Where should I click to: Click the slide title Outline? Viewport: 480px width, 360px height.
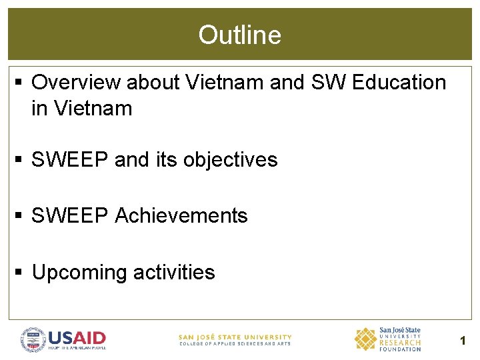point(239,35)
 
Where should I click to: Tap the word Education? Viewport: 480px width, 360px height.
point(399,83)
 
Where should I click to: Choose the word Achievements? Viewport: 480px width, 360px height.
point(181,216)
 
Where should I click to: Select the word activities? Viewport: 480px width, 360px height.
point(174,273)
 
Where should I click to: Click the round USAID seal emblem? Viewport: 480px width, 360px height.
point(33,339)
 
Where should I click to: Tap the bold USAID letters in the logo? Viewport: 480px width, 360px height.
point(77,337)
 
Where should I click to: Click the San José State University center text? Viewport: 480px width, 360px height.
point(235,337)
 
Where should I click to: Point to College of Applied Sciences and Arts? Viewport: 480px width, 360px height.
point(235,344)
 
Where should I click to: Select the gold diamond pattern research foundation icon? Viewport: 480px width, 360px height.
point(365,339)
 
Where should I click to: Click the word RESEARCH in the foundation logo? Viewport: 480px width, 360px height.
point(400,343)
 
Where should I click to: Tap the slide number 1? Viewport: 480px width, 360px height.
point(463,341)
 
